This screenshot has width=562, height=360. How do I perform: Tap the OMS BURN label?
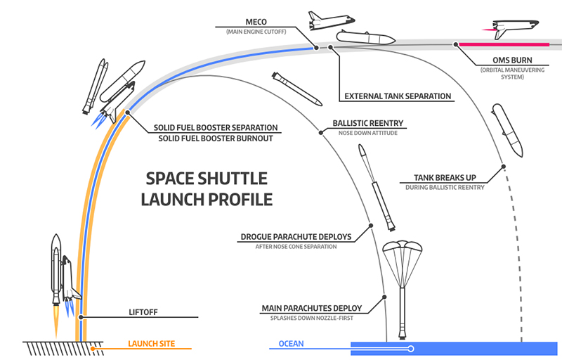pos(499,60)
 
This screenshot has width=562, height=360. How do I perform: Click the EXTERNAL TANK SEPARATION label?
pos(398,96)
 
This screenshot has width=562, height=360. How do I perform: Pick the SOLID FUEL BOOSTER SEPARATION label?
pos(216,128)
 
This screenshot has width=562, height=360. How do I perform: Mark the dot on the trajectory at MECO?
pos(317,47)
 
